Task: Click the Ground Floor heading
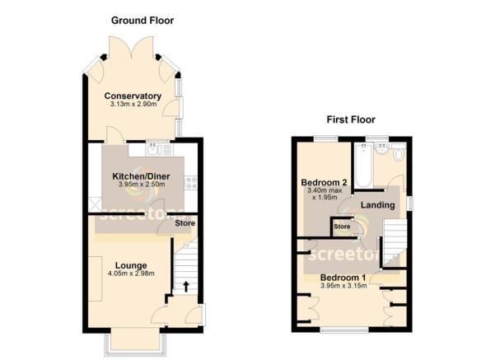(142, 20)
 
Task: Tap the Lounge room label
(109, 264)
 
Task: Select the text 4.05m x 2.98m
(109, 274)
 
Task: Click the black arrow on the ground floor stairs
(184, 287)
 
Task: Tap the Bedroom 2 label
(322, 182)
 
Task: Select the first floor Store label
(341, 227)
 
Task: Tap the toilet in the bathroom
(399, 153)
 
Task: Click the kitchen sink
(156, 150)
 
